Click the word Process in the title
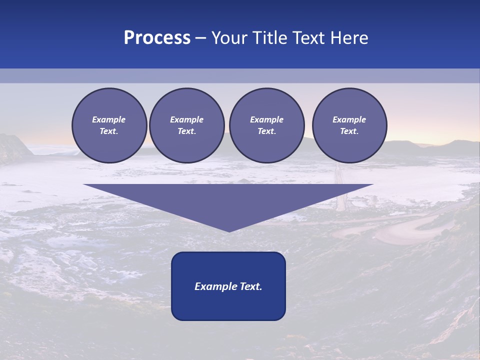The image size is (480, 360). tap(157, 38)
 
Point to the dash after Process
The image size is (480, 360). tap(200, 38)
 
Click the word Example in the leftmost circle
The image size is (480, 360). tap(109, 119)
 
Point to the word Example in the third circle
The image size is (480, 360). tap(266, 119)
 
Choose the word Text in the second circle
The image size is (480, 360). tap(186, 131)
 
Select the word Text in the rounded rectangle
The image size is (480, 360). tap(251, 286)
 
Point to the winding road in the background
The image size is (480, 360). tap(400, 230)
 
